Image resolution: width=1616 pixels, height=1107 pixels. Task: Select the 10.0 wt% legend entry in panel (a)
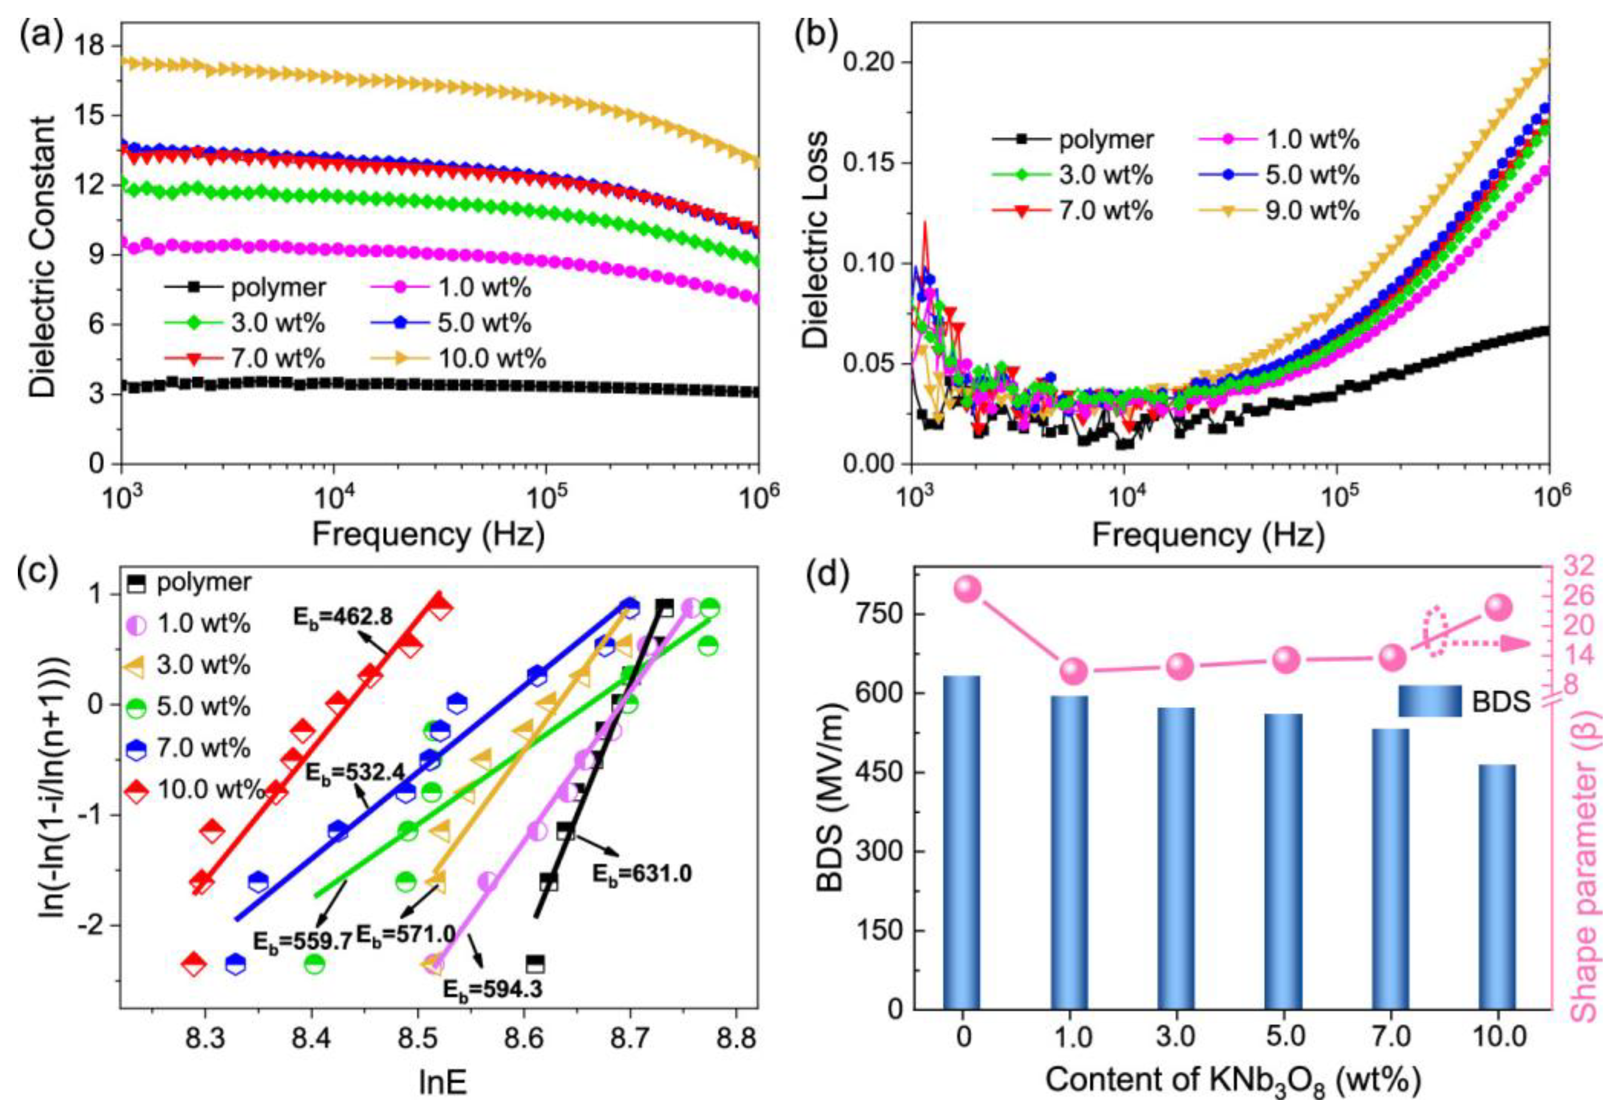click(459, 359)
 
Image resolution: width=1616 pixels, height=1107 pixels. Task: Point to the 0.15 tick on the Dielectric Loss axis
click(869, 164)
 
